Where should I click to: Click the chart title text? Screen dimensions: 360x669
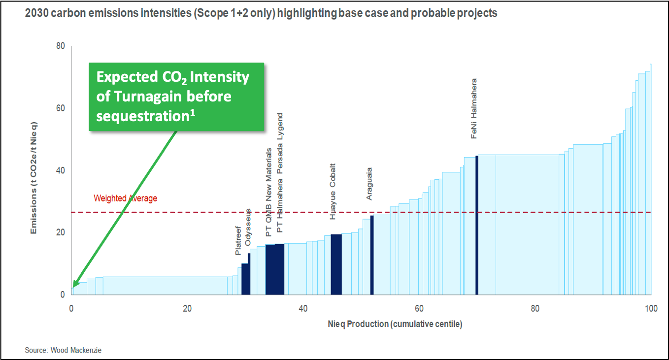point(261,13)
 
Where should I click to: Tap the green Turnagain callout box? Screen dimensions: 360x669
point(176,97)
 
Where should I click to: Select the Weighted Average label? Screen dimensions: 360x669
point(125,198)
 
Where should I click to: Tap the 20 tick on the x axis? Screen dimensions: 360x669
point(187,309)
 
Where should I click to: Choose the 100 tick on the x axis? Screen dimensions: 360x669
point(651,309)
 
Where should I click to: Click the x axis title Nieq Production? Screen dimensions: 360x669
point(395,324)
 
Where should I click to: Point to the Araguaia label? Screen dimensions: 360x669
point(369,184)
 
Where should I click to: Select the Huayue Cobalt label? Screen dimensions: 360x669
point(333,191)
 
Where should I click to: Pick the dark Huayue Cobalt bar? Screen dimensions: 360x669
point(336,264)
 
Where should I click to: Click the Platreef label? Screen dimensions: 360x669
point(238,241)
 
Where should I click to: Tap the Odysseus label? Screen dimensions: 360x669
point(248,227)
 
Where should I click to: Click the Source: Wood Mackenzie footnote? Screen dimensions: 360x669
point(63,350)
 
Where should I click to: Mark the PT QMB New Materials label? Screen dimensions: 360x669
point(269,192)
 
